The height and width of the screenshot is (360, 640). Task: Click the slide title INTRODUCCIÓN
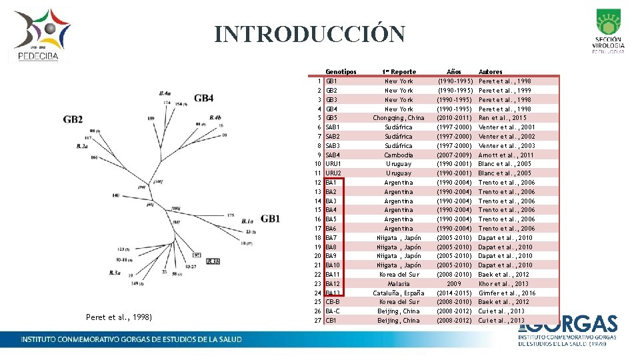[309, 34]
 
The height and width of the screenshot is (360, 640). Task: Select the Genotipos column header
[340, 72]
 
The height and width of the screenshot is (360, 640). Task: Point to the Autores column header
[491, 72]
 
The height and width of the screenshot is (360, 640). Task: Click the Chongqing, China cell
[399, 118]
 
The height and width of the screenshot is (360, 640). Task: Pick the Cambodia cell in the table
[399, 155]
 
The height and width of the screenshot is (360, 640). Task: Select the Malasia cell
[399, 283]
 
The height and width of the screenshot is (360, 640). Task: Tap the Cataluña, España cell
[399, 293]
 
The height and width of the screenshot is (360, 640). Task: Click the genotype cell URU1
[333, 164]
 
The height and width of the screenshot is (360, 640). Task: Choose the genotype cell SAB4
[333, 155]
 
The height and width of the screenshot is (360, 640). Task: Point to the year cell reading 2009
[454, 283]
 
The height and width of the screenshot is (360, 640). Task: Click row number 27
[318, 321]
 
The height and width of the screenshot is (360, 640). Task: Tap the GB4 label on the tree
[204, 99]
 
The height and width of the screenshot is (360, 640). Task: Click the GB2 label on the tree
[73, 120]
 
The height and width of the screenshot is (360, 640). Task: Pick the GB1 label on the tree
[271, 219]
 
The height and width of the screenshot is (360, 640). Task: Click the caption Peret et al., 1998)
[119, 317]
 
